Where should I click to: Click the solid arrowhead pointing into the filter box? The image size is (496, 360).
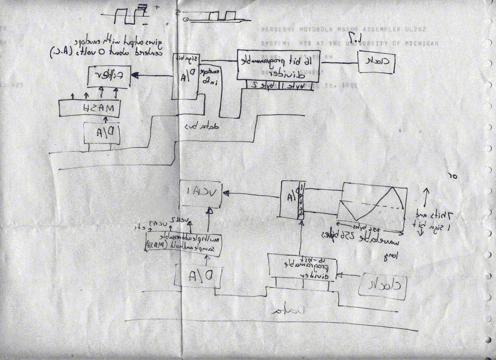135,75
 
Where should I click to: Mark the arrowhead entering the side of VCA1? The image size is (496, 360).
226,193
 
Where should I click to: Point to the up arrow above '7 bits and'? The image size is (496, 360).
426,196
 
